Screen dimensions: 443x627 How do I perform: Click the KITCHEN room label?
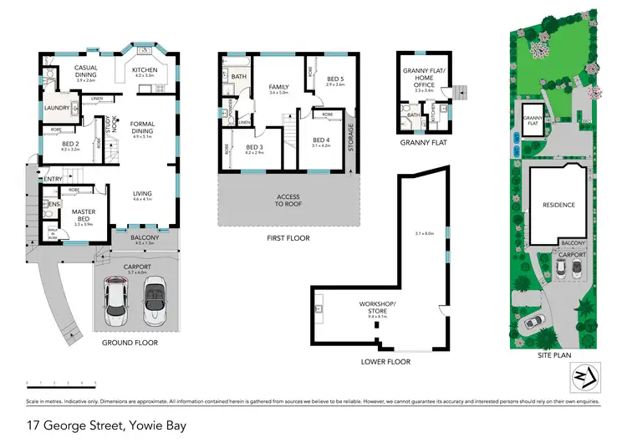pos(145,69)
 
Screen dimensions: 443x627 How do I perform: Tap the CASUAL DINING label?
pos(88,71)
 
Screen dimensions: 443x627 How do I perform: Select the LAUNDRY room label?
pos(56,108)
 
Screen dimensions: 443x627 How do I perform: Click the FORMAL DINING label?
pos(143,129)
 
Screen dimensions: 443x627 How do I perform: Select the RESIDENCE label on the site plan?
pos(558,204)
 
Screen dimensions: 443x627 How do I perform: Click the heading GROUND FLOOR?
pos(130,343)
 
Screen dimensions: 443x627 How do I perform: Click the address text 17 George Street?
pos(104,425)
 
